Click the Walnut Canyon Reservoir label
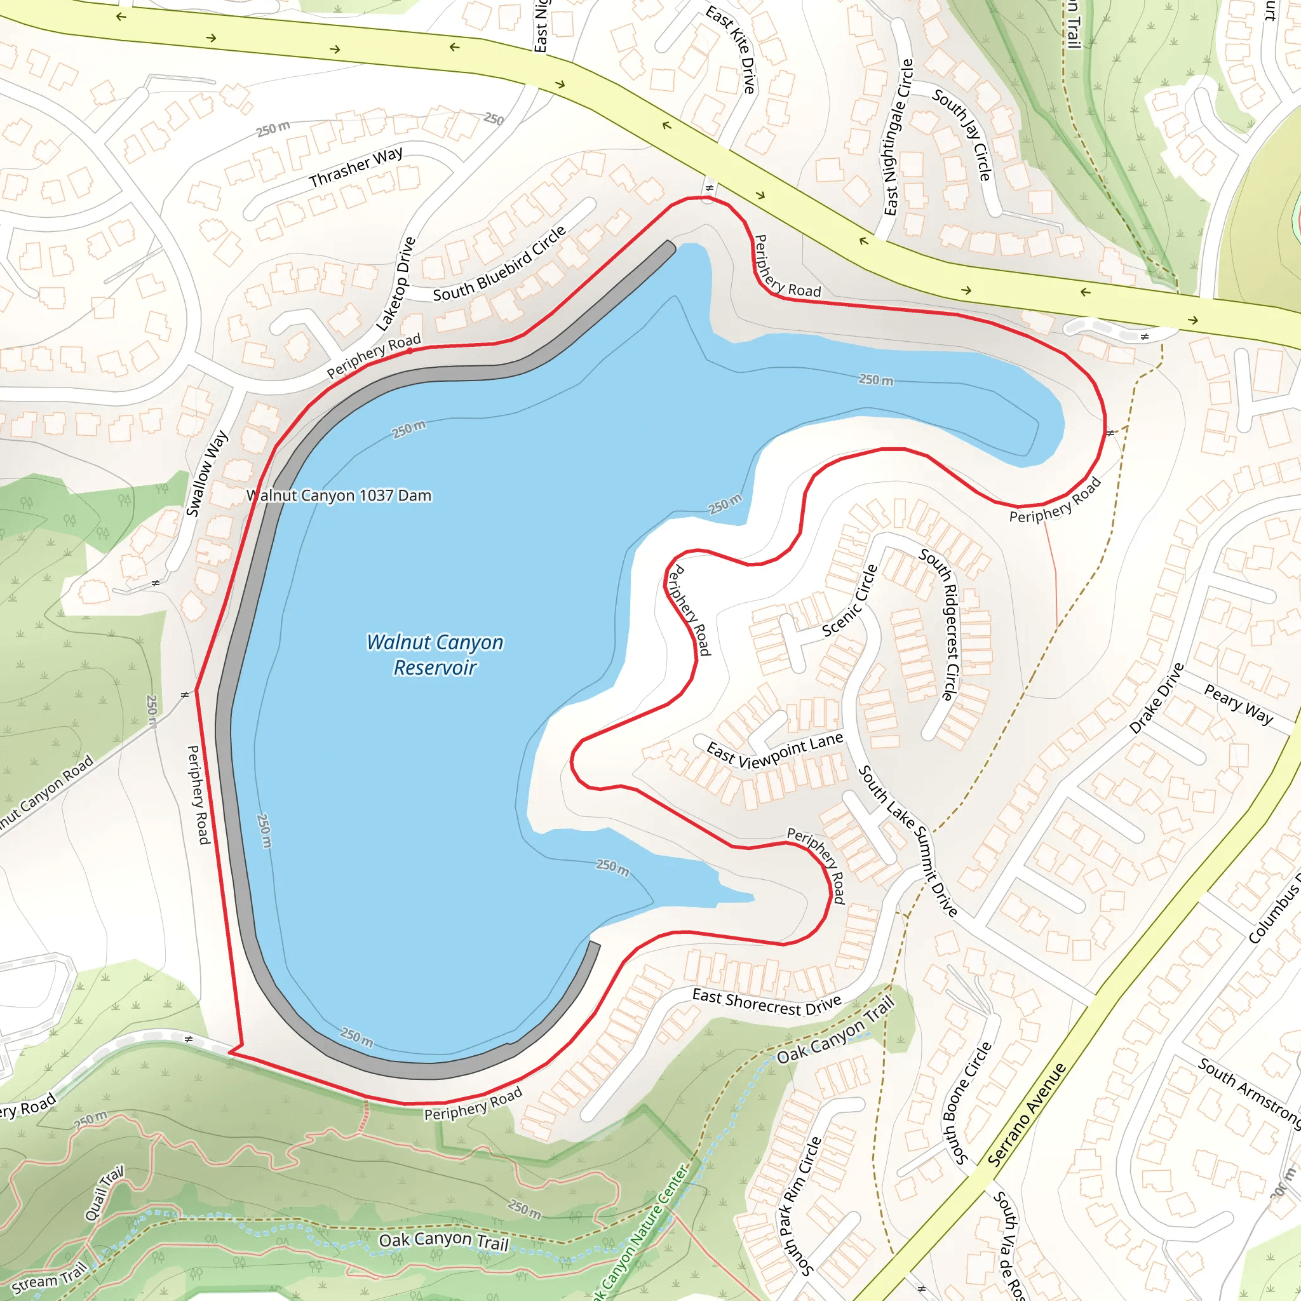coord(435,654)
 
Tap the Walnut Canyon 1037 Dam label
coord(339,495)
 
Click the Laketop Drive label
coord(396,283)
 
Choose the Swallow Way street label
coord(206,473)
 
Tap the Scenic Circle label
coord(851,601)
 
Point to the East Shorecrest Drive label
coord(766,1002)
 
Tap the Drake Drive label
coord(1156,698)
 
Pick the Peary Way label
coord(1237,704)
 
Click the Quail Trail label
coord(104,1193)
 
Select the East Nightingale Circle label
coord(899,137)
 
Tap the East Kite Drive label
coord(731,49)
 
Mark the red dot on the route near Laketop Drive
coord(410,351)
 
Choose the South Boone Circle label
coord(967,1103)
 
